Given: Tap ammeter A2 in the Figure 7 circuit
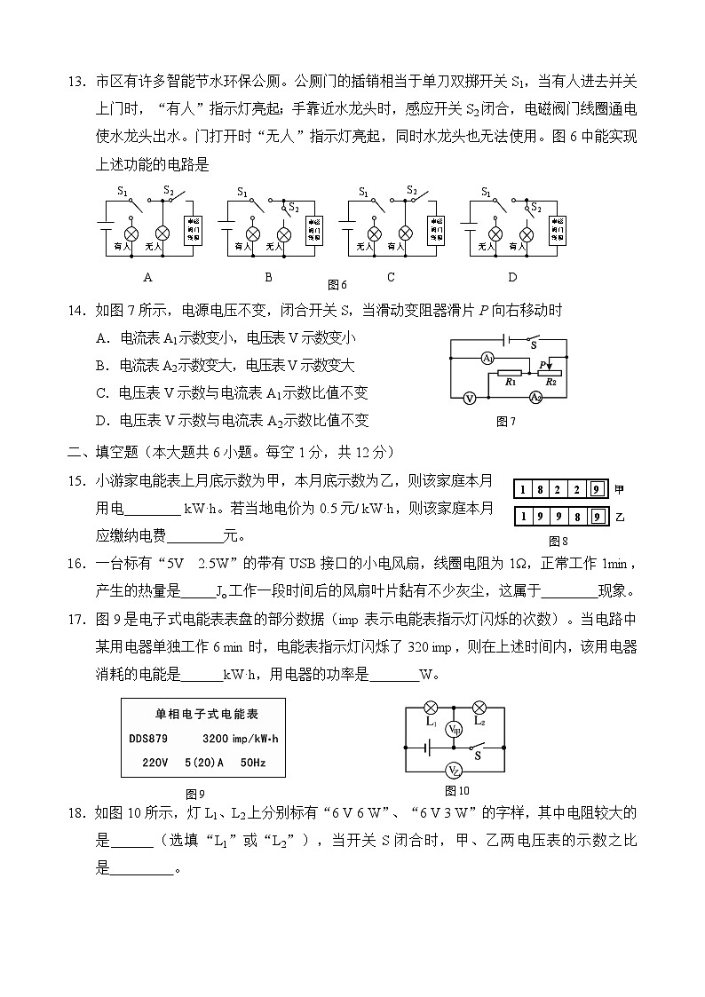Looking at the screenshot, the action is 535,398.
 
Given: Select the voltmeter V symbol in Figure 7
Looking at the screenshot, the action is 470,399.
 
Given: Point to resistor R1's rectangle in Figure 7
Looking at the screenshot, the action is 510,371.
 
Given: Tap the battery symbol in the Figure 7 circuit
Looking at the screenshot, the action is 505,339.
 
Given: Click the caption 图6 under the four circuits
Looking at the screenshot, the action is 337,285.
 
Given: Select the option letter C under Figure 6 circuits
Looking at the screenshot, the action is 391,276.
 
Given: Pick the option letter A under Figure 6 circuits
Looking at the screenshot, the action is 147,276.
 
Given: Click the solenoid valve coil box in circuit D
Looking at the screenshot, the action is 558,231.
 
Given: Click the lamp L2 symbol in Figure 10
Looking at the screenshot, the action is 479,708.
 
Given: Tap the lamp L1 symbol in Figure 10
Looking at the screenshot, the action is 431,708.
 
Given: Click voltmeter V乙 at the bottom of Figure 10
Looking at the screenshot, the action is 454,771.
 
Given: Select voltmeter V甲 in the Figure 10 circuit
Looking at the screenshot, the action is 454,730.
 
